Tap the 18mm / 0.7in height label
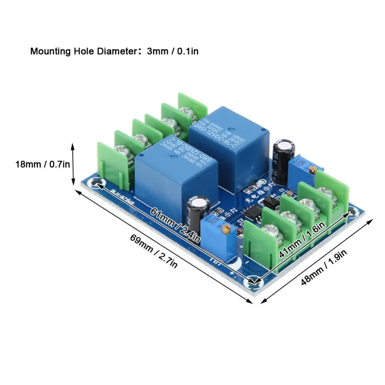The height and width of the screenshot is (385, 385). pyautogui.click(x=42, y=164)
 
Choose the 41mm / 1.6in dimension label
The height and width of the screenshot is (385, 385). pyautogui.click(x=302, y=241)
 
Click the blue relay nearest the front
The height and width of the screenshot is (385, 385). pyautogui.click(x=175, y=173)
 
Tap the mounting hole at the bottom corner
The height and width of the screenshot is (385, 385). pyautogui.click(x=253, y=283)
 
